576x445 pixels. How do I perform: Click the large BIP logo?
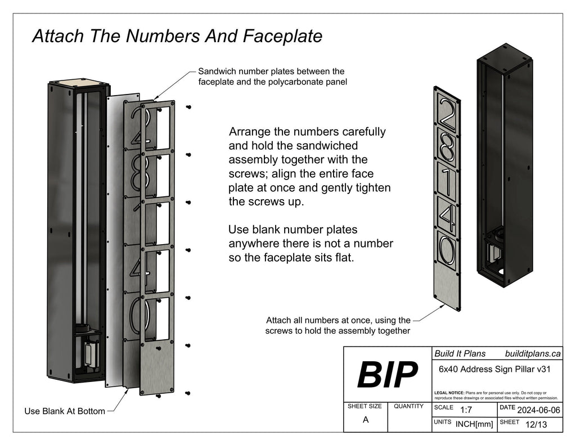[388, 375]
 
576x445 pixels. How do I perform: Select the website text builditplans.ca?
[533, 353]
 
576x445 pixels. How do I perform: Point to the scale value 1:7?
[466, 410]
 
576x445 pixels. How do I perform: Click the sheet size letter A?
[366, 419]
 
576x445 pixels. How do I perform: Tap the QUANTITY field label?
[409, 406]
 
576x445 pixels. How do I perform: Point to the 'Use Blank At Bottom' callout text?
[65, 411]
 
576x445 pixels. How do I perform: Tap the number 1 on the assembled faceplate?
[447, 179]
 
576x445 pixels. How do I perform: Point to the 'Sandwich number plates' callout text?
[271, 77]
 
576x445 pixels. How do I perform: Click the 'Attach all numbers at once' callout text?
[338, 325]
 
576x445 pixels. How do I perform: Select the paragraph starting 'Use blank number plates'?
[310, 244]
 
